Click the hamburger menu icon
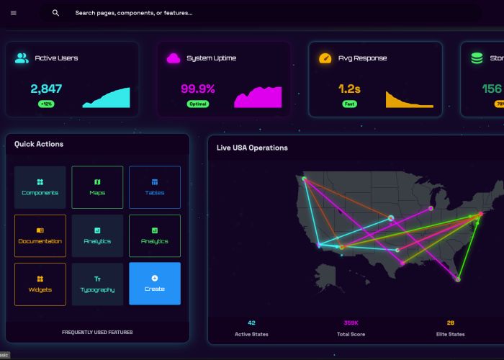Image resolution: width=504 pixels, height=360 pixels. pyautogui.click(x=13, y=13)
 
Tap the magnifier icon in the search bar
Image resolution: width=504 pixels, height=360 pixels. pyautogui.click(x=55, y=13)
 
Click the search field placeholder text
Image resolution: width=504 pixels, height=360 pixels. pyautogui.click(x=133, y=13)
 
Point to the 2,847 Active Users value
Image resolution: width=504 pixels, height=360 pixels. pyautogui.click(x=46, y=89)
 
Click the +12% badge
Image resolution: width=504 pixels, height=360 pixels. pyautogui.click(x=47, y=104)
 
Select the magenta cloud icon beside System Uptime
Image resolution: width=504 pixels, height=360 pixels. pyautogui.click(x=174, y=58)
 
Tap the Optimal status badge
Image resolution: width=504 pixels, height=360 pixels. pyautogui.click(x=197, y=104)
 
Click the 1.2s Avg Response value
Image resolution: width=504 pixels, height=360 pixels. pyautogui.click(x=349, y=89)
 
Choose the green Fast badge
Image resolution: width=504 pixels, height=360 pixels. pyautogui.click(x=349, y=104)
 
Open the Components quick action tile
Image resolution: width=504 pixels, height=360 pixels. pyautogui.click(x=40, y=187)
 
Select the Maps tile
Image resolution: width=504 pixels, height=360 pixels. pyautogui.click(x=97, y=187)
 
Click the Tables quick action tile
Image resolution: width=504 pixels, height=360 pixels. pyautogui.click(x=154, y=187)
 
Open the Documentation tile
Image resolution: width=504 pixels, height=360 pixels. pyautogui.click(x=40, y=235)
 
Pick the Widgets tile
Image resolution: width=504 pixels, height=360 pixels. pyautogui.click(x=40, y=284)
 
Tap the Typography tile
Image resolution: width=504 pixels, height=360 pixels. pyautogui.click(x=97, y=284)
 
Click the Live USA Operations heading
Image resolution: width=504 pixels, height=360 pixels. pyautogui.click(x=252, y=148)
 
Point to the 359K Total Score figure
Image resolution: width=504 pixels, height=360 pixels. pyautogui.click(x=351, y=323)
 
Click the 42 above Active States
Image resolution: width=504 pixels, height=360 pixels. pyautogui.click(x=251, y=323)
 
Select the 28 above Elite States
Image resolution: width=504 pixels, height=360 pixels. pyautogui.click(x=451, y=323)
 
